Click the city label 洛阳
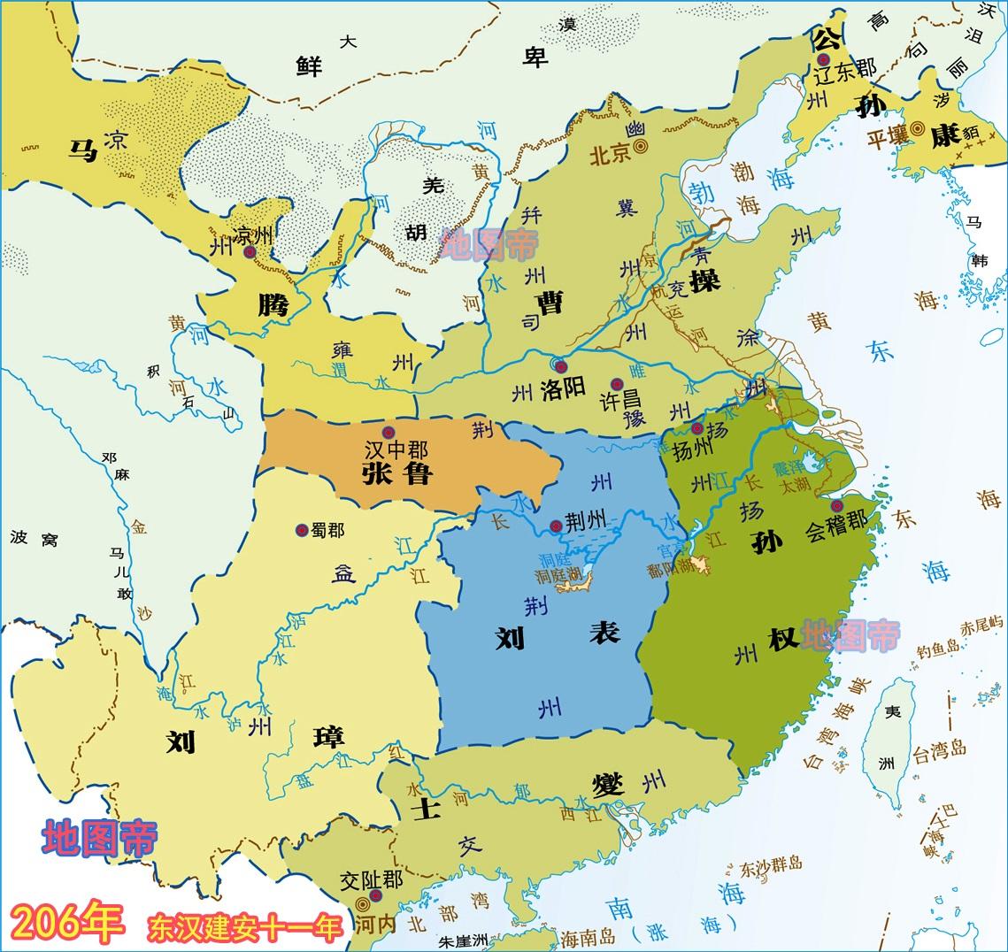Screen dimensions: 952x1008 pos(564,389)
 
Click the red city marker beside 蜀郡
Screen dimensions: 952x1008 pos(302,529)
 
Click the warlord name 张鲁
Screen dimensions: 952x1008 pos(396,475)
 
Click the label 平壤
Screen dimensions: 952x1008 pos(889,138)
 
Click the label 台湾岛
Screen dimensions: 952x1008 pos(939,753)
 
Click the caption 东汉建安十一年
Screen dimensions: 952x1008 pos(245,928)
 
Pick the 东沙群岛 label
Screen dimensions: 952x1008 pos(771,864)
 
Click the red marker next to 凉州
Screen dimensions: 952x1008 pos(250,252)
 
